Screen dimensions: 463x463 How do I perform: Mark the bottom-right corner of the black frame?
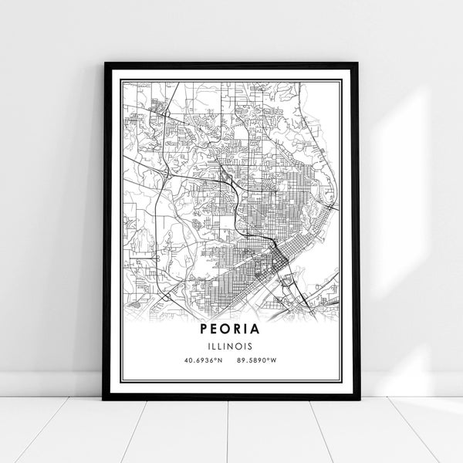point(359,399)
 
